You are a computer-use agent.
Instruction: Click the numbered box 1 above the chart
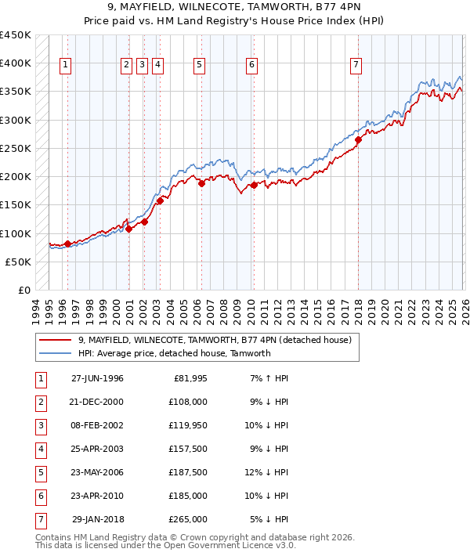tap(64, 65)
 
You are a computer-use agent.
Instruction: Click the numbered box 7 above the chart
tap(356, 65)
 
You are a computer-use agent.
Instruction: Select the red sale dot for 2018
tap(358, 140)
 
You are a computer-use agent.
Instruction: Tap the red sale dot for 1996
tap(67, 244)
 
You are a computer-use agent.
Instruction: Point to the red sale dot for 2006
tap(201, 184)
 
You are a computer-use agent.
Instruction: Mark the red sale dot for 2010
tap(254, 186)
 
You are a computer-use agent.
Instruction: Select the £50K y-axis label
tap(18, 262)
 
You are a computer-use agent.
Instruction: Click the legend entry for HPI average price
tap(174, 353)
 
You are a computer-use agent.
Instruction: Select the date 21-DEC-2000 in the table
tap(97, 402)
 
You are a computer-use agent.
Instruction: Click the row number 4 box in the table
tap(41, 449)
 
